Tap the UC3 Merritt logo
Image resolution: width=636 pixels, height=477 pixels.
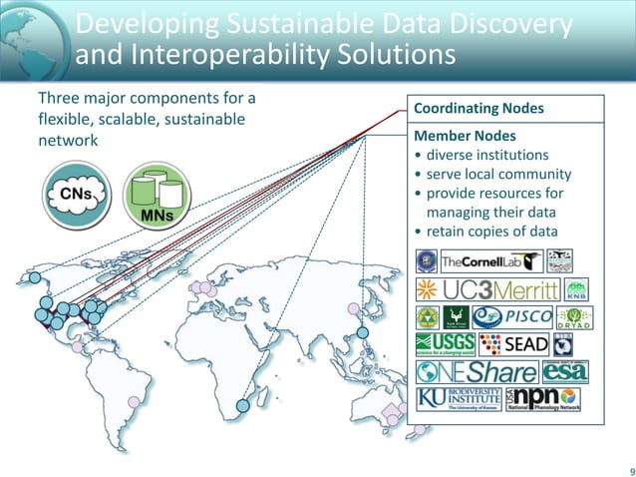pyautogui.click(x=477, y=290)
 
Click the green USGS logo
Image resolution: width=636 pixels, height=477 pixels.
pyautogui.click(x=444, y=345)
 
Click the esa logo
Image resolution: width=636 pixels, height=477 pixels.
pyautogui.click(x=565, y=372)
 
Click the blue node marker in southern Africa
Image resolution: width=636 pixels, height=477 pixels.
pyautogui.click(x=242, y=407)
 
